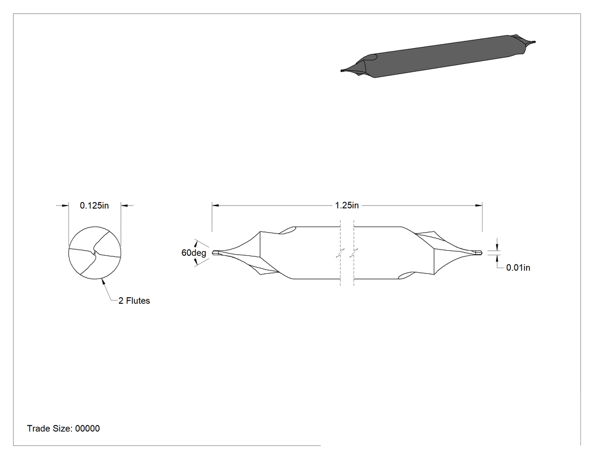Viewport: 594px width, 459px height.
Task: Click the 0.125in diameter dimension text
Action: point(94,205)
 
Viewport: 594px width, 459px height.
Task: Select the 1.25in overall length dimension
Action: point(347,205)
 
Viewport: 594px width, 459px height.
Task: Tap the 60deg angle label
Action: point(193,253)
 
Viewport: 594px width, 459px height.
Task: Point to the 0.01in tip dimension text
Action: point(518,268)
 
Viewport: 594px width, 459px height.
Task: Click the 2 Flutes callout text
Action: point(134,301)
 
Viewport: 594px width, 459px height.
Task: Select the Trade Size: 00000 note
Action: point(63,428)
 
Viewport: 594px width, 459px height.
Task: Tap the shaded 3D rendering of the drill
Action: point(438,56)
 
